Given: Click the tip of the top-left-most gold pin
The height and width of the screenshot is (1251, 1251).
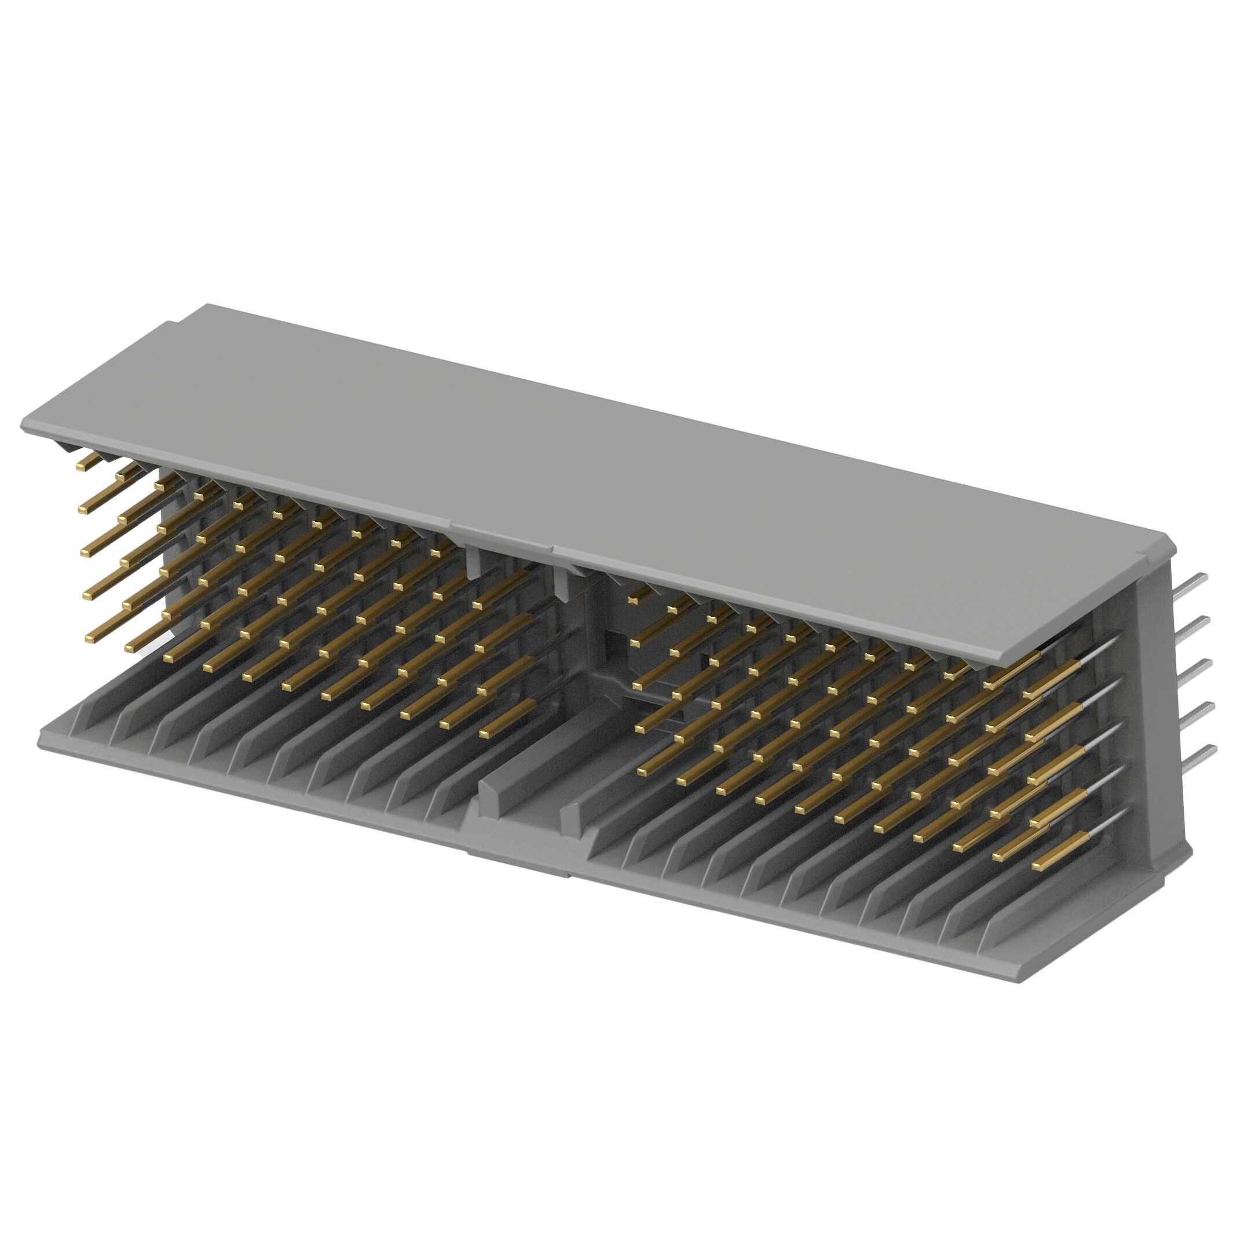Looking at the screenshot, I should pos(82,466).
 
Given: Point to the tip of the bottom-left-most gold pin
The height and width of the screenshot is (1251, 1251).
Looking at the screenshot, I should pos(90,638).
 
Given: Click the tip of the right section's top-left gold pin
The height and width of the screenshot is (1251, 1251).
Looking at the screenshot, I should pos(633,599).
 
